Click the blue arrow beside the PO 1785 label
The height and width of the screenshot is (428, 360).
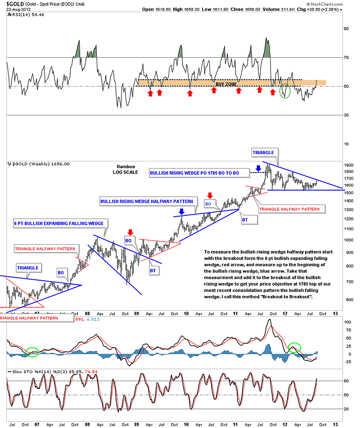point(259,168)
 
